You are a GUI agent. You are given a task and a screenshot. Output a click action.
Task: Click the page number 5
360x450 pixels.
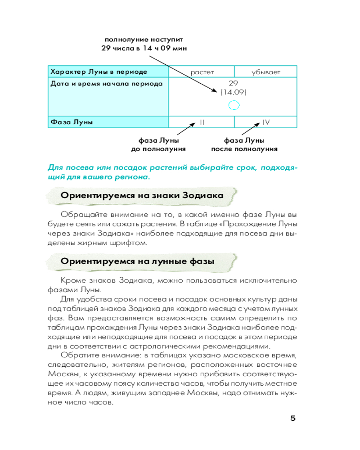coord(293,418)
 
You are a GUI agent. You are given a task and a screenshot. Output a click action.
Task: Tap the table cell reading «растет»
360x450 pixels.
coord(202,72)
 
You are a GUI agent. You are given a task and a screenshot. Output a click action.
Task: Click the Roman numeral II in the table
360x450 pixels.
coord(202,122)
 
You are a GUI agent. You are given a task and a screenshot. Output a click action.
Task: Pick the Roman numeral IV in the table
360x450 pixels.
coord(266,122)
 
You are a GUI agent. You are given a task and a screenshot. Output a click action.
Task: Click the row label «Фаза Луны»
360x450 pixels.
coord(72,122)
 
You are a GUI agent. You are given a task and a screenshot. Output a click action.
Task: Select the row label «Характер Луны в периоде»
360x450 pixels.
coord(99,72)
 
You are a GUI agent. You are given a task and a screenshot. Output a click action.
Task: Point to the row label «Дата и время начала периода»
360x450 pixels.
coord(106,84)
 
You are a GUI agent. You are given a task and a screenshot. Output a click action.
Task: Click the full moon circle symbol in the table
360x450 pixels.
coord(234,106)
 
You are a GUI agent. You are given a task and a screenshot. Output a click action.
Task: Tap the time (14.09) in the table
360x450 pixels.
coord(234,92)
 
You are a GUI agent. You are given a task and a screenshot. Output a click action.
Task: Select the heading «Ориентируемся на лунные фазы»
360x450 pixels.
coord(138,261)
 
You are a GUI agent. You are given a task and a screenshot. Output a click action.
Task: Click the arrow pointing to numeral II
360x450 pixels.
coord(185,130)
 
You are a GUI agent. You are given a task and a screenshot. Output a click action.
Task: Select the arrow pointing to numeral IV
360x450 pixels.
coord(250,130)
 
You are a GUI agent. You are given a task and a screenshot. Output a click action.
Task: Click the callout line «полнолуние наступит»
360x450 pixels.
coord(144,40)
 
